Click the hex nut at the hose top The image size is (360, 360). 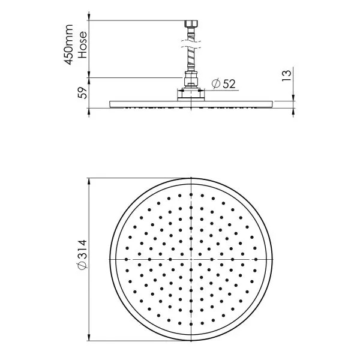(191, 26)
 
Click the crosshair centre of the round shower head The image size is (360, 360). (191, 259)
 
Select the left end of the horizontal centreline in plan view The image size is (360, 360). (112, 259)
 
